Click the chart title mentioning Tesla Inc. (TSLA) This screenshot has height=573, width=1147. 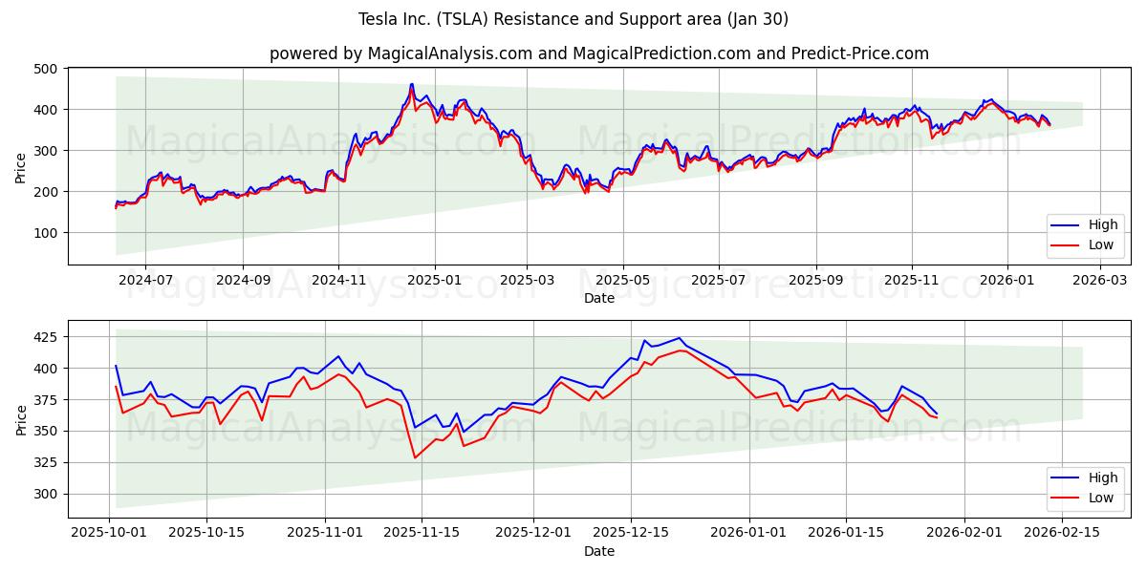(573, 19)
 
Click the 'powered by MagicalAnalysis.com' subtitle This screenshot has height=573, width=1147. (598, 53)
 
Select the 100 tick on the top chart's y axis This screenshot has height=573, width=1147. (49, 233)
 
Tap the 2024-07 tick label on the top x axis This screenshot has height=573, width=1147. (145, 281)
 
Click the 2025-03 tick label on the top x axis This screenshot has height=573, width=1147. (528, 281)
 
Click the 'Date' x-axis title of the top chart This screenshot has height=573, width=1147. (599, 299)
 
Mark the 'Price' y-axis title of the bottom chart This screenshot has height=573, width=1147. (21, 419)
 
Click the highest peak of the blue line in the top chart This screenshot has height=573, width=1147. (412, 84)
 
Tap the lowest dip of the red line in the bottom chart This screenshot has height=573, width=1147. (415, 457)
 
